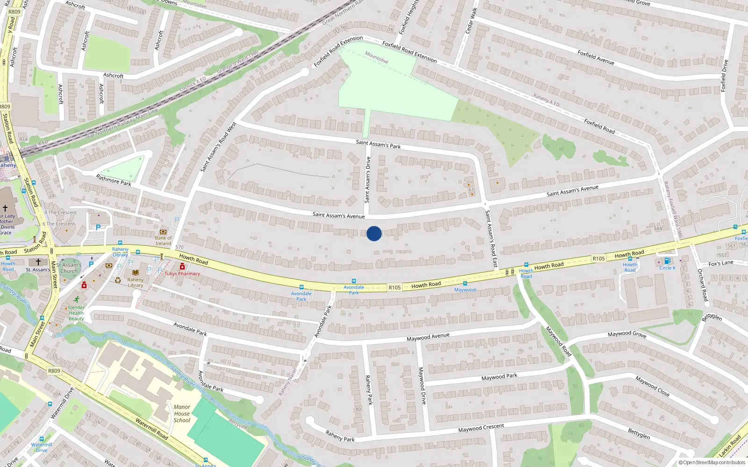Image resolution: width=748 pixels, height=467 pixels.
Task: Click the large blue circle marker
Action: click(374, 233)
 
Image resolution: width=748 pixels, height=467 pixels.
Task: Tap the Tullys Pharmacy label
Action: click(182, 274)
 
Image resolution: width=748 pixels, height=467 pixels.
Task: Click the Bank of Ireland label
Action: click(163, 241)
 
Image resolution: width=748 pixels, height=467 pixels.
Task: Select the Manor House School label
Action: click(182, 414)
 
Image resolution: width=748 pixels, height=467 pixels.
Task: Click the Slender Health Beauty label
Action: click(76, 313)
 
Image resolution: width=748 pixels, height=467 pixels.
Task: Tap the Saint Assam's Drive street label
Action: click(367, 180)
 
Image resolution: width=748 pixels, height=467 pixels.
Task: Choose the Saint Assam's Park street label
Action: click(378, 144)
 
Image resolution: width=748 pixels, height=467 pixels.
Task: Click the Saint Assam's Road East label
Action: click(491, 239)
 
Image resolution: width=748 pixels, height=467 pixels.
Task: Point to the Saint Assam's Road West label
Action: click(218, 147)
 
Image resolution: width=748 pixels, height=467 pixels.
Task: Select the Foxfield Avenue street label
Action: click(596, 57)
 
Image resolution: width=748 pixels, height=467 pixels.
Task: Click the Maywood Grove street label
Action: click(627, 334)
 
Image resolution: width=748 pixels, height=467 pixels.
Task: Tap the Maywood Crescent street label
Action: click(481, 428)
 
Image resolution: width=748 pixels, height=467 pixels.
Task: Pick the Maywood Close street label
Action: click(653, 387)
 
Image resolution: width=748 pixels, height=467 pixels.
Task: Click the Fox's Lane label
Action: click(721, 263)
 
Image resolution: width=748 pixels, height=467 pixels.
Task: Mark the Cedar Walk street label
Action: click(470, 21)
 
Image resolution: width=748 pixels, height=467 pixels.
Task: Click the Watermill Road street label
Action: click(151, 429)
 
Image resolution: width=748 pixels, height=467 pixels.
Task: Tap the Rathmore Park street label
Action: click(114, 180)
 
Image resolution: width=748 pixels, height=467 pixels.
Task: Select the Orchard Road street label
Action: click(703, 285)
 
